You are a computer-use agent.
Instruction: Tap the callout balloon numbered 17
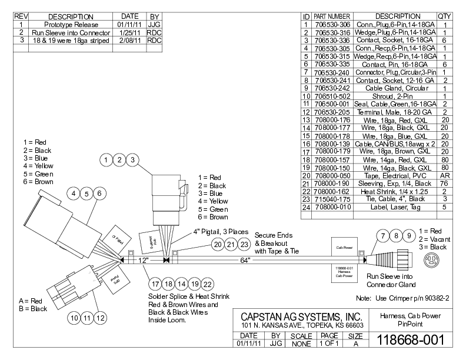tap(155, 284)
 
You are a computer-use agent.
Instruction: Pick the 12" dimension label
tap(142, 259)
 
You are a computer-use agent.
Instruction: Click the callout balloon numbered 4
tap(74, 193)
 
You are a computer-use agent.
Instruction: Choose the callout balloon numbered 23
tap(244, 244)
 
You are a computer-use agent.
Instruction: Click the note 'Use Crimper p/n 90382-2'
tap(403, 298)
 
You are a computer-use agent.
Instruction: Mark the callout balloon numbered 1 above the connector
tap(105, 159)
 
